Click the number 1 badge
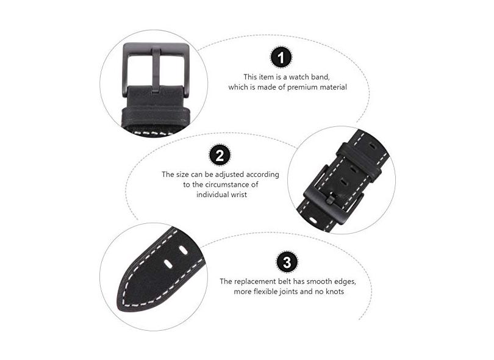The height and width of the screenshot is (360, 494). (x=281, y=57)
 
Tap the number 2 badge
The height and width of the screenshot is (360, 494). (x=220, y=154)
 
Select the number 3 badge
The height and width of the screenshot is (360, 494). (x=287, y=262)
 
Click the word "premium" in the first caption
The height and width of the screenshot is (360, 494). (x=302, y=87)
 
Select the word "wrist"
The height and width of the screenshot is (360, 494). (x=239, y=195)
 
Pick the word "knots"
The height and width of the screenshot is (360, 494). (x=334, y=292)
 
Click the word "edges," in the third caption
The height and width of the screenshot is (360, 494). (x=345, y=281)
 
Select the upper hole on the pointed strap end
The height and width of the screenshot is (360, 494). (x=182, y=250)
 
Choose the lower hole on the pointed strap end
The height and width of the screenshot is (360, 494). (x=168, y=264)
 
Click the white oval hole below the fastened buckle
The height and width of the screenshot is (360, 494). (x=313, y=220)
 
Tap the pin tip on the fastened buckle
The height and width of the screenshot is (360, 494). (x=331, y=200)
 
